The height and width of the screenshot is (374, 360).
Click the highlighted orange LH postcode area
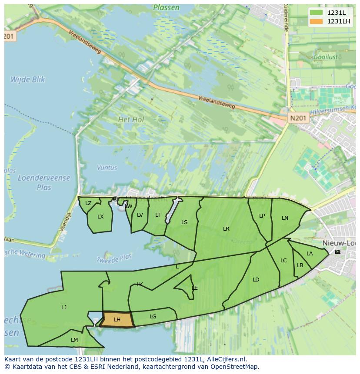tap(117, 319)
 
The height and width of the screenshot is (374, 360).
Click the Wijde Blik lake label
tap(28, 79)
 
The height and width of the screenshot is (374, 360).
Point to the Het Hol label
tap(131, 119)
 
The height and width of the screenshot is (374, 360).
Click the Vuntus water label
tap(107, 168)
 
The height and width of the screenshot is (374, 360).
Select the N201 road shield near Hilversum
tap(298, 118)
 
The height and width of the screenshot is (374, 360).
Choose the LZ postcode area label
tap(88, 203)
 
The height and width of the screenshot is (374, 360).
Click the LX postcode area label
tap(100, 217)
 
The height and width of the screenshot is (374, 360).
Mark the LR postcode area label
tap(226, 229)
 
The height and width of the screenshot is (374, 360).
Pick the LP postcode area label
tap(262, 216)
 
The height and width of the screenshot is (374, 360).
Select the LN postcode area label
tap(285, 218)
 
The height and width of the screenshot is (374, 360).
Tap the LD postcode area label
tap(256, 280)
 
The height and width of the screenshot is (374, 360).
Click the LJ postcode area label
tap(64, 308)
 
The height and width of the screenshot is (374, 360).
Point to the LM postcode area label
tap(74, 340)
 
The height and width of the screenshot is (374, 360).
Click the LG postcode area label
tap(153, 317)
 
